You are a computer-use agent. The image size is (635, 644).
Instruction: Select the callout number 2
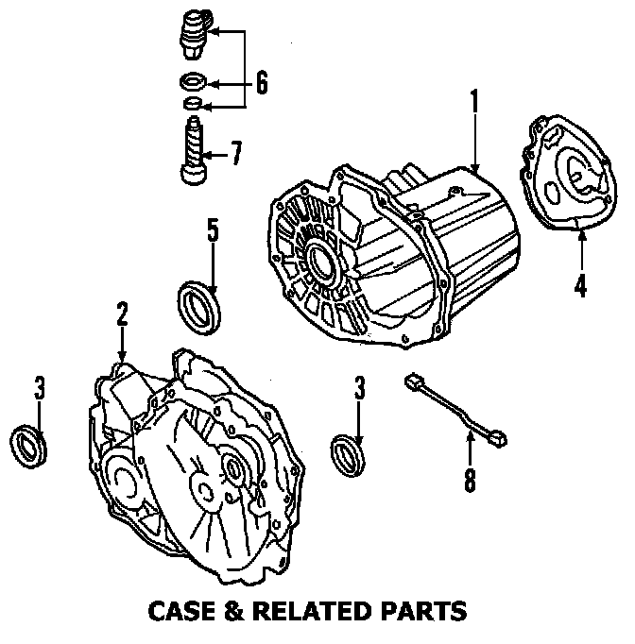point(122,314)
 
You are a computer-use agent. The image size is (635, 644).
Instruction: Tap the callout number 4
point(580,283)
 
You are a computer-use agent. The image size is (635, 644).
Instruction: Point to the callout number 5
point(214,230)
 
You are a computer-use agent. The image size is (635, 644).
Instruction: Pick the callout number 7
point(235,151)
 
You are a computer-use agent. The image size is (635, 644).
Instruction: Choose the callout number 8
point(470,480)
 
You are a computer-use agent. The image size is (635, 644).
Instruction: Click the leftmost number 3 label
point(39,386)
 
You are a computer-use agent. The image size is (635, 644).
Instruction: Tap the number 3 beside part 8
point(359,386)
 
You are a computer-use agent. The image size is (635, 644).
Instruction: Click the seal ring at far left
point(29,445)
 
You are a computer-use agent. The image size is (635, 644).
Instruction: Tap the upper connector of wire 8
point(412,382)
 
